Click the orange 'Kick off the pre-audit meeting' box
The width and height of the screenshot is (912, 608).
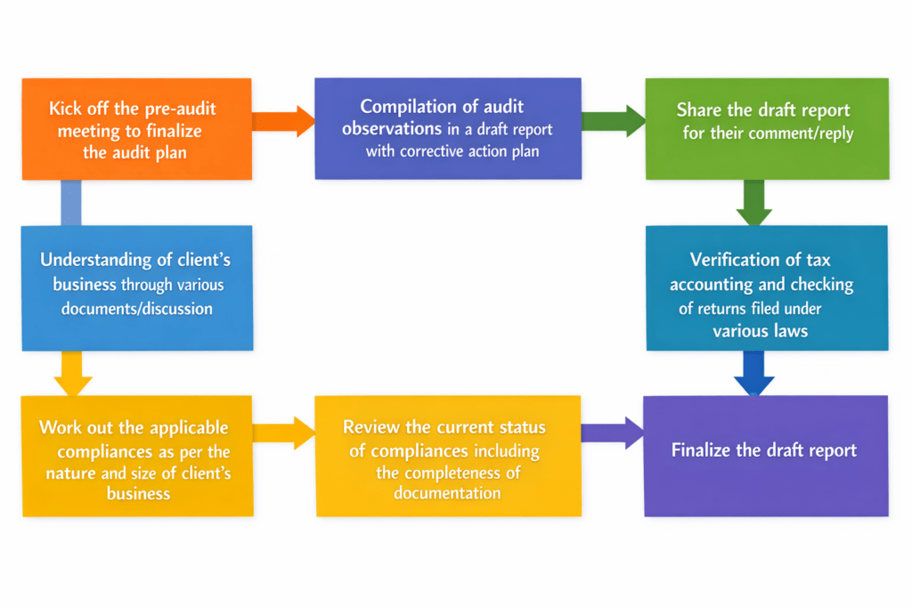(136, 129)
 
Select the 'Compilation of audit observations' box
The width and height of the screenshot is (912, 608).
(448, 128)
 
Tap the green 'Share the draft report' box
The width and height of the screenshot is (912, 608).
(767, 128)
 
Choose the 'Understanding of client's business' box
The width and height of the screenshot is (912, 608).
(137, 287)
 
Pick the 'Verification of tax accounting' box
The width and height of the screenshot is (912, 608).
(767, 287)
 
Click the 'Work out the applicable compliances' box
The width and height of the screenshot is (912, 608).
(137, 455)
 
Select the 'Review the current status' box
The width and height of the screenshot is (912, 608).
(448, 455)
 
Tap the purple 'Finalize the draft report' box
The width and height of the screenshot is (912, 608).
(766, 455)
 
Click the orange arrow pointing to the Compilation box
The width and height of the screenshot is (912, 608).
(283, 121)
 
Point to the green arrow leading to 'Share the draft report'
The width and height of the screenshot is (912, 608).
(613, 121)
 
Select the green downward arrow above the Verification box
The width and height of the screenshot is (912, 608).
(753, 202)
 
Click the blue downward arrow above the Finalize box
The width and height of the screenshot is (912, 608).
(753, 373)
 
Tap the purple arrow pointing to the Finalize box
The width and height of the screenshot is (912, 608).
(613, 433)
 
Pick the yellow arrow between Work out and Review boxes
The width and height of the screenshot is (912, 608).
(283, 433)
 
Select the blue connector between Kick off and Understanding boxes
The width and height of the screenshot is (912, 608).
(70, 202)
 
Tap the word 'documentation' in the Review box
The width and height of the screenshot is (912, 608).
(447, 493)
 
